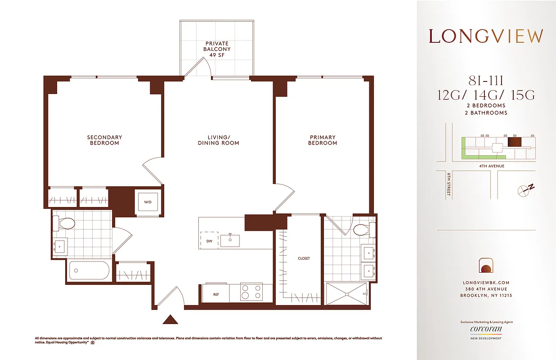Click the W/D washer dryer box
pos(148,202)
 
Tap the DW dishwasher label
pos(209,241)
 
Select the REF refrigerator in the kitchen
pos(216,294)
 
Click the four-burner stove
pos(251,292)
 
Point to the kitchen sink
pos(230,240)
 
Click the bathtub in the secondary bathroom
pos(89,271)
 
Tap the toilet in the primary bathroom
pos(363,230)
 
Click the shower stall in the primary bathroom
pos(347,293)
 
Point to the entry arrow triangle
pos(170,319)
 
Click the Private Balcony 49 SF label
pos(217,49)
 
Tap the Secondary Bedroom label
pos(104,140)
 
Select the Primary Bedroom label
pos(323,140)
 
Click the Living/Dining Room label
pos(219,140)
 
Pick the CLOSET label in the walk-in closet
pos(304,258)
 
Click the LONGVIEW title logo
pos(486,36)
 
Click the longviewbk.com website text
pos(486,283)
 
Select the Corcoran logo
pos(486,329)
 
